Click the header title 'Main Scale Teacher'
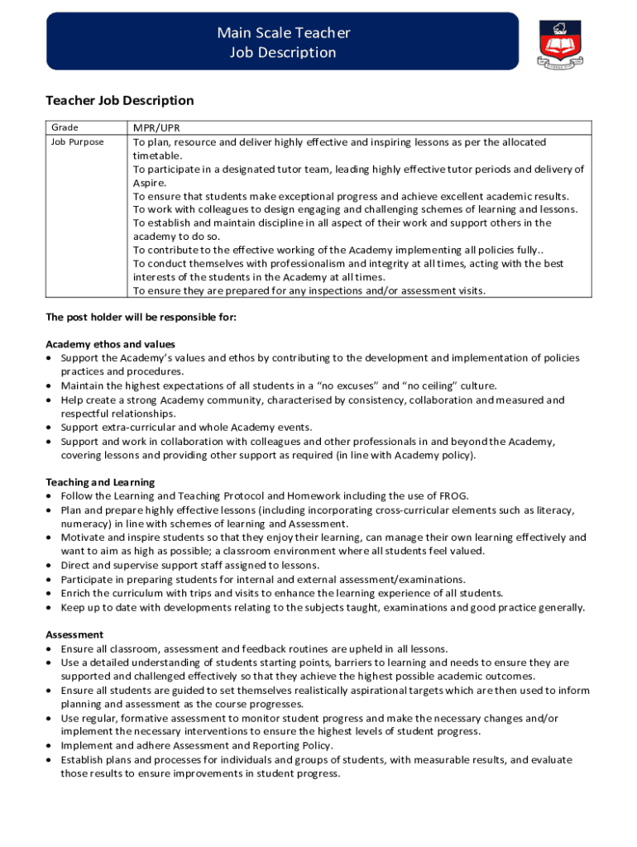[x=283, y=33]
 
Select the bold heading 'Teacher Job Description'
[x=119, y=101]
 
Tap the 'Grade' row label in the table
[x=65, y=128]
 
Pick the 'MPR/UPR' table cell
[x=157, y=128]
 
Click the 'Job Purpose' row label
[x=78, y=142]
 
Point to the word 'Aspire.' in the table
[x=150, y=183]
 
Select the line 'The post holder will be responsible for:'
[x=141, y=317]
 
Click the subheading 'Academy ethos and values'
[x=110, y=344]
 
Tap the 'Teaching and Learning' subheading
[x=100, y=482]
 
